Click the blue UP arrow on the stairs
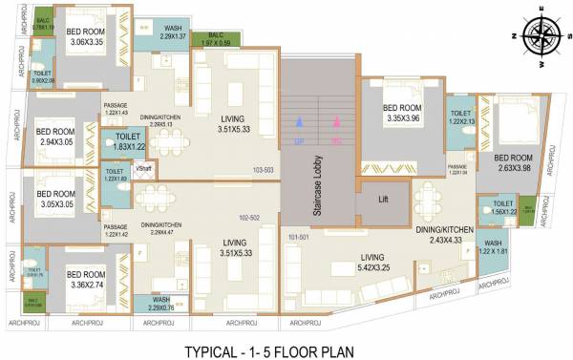tap(300, 123)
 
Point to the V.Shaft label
tap(144, 169)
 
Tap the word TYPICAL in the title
tap(215, 350)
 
